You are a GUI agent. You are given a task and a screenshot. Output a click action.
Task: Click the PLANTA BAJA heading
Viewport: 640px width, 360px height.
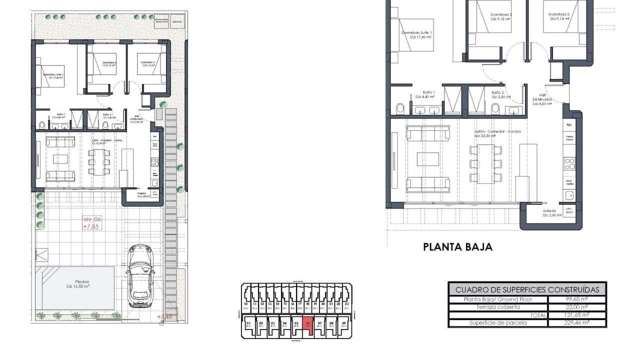pos(457,246)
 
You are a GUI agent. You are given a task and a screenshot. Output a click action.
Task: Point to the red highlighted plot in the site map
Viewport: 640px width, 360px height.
pos(308,324)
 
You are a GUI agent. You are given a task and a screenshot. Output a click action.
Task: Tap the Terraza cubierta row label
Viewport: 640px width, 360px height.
pos(497,307)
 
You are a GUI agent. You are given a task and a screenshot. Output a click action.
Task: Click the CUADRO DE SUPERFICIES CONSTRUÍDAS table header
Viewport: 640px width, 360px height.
pos(527,289)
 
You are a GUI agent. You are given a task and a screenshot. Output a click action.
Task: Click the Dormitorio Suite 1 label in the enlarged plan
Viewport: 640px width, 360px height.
pos(416,35)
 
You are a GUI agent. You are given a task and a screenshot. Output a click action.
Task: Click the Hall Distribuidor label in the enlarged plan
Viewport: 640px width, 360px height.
pos(542,99)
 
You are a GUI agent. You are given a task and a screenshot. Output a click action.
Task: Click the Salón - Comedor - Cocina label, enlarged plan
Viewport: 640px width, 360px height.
pos(497,133)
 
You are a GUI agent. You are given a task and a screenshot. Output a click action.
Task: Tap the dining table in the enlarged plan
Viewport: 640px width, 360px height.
pos(485,164)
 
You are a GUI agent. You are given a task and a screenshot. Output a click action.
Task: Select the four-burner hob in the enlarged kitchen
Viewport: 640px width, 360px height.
pos(569,164)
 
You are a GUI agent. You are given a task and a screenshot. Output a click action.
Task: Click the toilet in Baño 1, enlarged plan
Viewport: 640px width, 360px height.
pos(400,109)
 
